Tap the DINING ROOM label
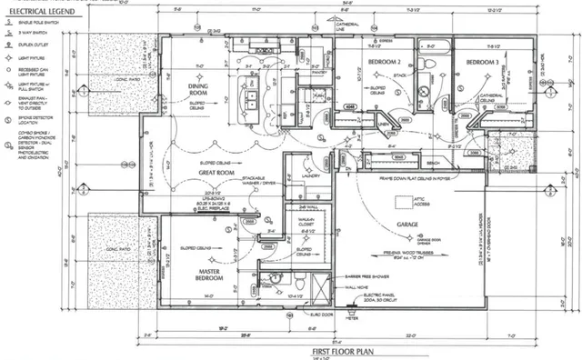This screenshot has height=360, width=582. coord(198,89)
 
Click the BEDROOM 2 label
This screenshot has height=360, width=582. coord(384,61)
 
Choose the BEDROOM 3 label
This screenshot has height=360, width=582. coord(483,61)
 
